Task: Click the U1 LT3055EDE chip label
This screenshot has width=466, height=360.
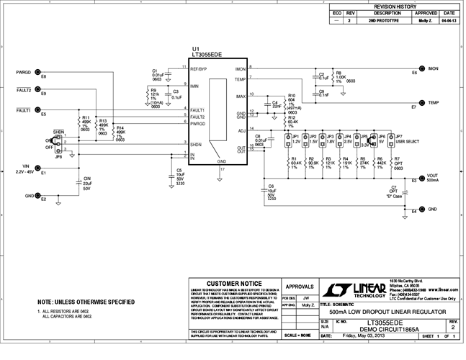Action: [x=206, y=53]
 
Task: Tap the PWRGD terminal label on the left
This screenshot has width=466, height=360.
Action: [x=23, y=72]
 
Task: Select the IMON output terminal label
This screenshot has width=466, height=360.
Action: [x=434, y=68]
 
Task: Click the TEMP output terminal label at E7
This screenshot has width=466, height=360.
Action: [x=434, y=103]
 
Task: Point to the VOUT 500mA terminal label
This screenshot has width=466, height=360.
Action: [x=432, y=178]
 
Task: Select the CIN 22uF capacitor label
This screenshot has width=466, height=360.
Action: [x=86, y=183]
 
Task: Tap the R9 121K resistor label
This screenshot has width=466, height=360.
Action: [x=154, y=95]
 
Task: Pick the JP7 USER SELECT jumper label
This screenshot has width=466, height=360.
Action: [x=405, y=138]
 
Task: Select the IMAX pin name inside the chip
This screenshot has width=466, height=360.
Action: [x=241, y=96]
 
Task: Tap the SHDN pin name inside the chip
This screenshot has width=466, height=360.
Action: [x=196, y=144]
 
